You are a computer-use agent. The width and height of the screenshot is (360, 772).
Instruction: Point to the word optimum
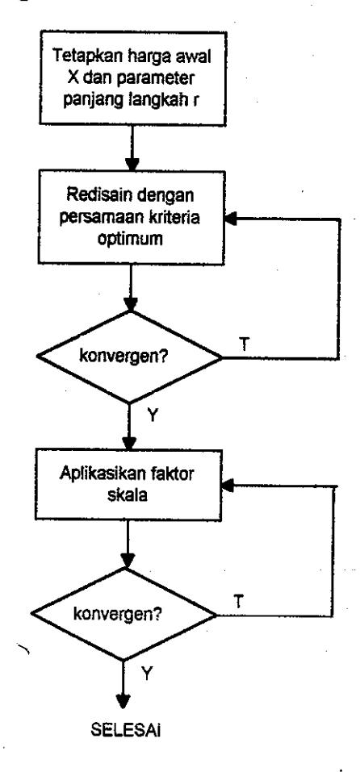point(129,240)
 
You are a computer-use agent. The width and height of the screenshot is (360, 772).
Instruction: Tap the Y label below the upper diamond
point(153,416)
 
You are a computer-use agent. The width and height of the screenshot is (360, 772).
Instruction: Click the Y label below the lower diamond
point(147,674)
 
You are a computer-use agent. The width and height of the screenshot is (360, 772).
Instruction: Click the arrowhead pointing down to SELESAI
point(123,702)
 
